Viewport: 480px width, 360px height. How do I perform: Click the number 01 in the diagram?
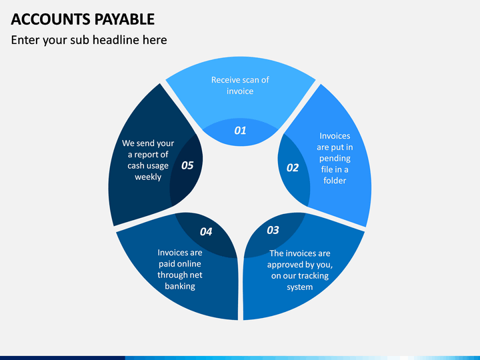point(240,131)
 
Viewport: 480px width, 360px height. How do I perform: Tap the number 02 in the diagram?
point(293,167)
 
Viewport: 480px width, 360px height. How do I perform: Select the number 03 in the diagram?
point(273,230)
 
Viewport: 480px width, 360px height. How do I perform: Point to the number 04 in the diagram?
point(206,231)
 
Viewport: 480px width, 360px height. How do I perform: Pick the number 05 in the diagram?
point(187,165)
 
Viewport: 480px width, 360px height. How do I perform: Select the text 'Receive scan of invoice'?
point(240,85)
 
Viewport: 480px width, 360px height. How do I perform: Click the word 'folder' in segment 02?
point(335,181)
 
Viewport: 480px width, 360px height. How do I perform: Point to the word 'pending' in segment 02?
point(335,159)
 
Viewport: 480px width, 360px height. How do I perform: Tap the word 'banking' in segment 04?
point(180,286)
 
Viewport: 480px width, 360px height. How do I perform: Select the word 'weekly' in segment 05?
point(148,177)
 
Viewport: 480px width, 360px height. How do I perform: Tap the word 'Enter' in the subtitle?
point(25,40)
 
